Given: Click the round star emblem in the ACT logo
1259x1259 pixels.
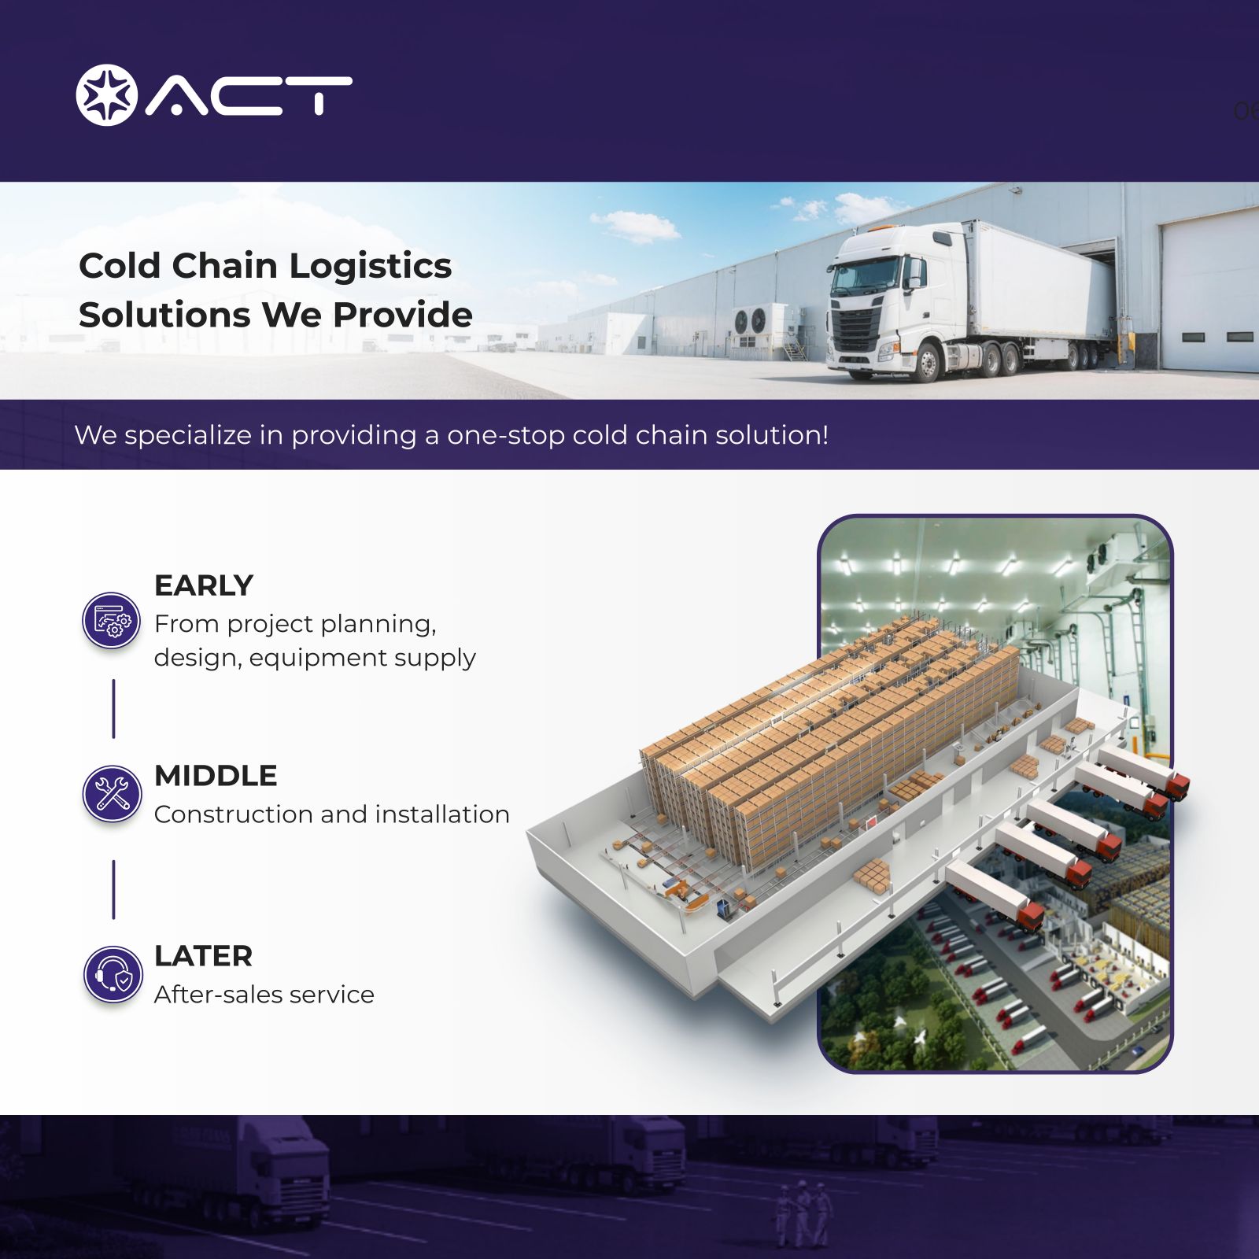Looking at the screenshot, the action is [106, 94].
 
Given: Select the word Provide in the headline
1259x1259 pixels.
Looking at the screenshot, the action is [403, 315].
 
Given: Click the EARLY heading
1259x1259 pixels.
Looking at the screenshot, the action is [204, 585].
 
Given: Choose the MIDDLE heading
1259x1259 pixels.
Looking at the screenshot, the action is [216, 776].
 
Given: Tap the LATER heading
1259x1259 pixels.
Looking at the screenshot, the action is [203, 956].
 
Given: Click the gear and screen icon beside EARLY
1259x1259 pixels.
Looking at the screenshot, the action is [112, 621].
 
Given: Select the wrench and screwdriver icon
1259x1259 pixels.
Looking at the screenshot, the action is [112, 793].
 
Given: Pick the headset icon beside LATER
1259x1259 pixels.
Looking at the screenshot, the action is [113, 974].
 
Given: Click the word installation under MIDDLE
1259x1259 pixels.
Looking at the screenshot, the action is [443, 814].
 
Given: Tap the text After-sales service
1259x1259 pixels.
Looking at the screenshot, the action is [264, 995].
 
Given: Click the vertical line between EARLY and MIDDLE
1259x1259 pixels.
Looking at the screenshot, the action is [113, 709].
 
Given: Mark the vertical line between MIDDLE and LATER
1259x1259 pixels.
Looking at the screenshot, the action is [113, 889].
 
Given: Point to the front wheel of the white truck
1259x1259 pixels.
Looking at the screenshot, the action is [929, 363].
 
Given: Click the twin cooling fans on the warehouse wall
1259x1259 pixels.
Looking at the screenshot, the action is [750, 320].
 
